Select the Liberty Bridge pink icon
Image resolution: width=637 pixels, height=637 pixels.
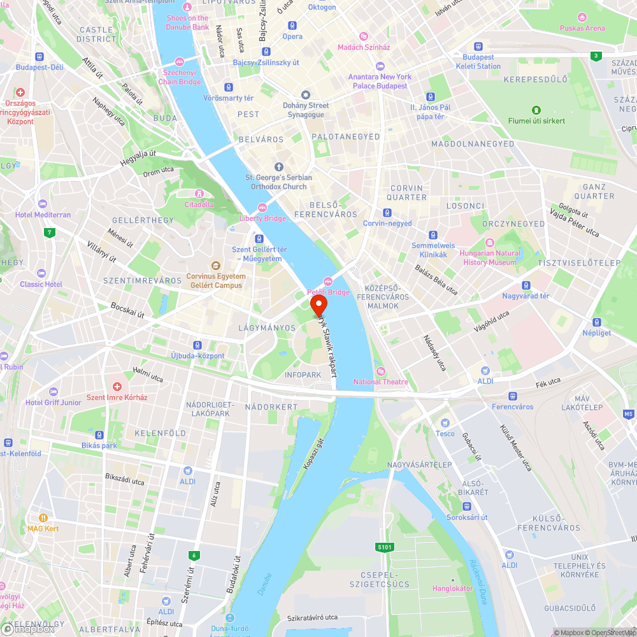pos(262,208)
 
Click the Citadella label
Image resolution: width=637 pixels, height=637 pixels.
pos(199,204)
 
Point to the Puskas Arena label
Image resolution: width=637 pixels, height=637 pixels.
pos(582,28)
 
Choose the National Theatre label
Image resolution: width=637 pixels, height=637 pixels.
pos(381,382)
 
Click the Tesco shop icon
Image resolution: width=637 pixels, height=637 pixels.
pos(446,422)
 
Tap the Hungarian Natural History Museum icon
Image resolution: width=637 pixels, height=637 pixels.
pos(489,243)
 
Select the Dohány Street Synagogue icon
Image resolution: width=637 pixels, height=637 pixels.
pos(306,94)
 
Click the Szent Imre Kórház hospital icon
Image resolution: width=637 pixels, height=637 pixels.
pos(117,387)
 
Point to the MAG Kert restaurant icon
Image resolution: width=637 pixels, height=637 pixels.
pos(43,518)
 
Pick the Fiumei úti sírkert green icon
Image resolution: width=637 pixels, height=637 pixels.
pos(536,110)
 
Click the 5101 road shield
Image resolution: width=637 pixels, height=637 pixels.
pos(385,547)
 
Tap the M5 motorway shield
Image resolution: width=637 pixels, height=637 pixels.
pos(629,414)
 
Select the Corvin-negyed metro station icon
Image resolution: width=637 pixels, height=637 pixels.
pos(387,213)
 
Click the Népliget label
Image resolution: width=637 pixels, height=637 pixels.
pos(597,333)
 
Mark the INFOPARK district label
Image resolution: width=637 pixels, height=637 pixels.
pos(303,375)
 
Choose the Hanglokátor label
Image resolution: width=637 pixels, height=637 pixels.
pos(452,589)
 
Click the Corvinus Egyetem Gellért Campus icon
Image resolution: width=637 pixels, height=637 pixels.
pos(216,266)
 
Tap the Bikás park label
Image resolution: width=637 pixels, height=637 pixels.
pos(99,445)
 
